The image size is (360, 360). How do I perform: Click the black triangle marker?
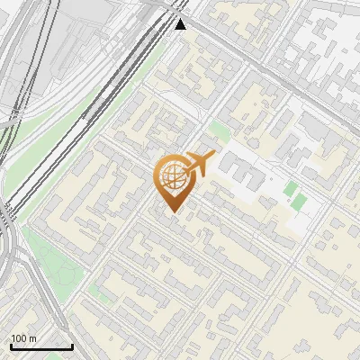click(181, 23)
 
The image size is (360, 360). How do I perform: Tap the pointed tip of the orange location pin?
click(172, 211)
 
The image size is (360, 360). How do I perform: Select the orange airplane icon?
click(200, 163)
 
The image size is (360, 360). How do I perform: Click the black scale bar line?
click(41, 346)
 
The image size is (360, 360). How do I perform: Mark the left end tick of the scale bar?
click(11, 345)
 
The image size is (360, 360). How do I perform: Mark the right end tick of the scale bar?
click(72, 345)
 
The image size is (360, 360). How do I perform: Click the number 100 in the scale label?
click(19, 338)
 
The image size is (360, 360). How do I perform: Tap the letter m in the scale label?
click(32, 338)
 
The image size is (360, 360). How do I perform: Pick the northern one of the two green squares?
click(292, 189)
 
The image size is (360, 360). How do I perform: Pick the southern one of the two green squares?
click(297, 204)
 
